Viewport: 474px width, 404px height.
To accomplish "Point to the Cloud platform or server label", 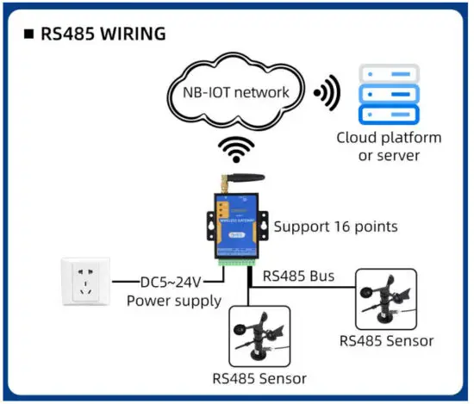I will pos(388,146).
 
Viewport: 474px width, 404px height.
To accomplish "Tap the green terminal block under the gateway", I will pos(237,260).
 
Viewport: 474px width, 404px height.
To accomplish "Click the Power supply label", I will pos(173,301).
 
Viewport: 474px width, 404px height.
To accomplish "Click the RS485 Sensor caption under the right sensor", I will pos(386,341).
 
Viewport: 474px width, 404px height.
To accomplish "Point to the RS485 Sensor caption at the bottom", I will pos(259,378).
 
